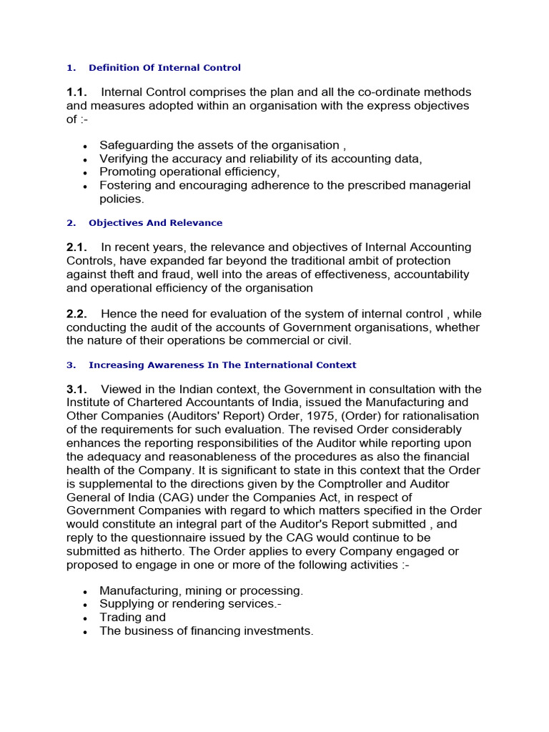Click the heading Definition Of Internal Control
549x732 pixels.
pyautogui.click(x=164, y=68)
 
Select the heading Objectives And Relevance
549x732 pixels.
pyautogui.click(x=155, y=223)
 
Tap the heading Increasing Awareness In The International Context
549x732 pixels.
pyautogui.click(x=222, y=365)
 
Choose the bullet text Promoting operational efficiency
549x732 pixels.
pyautogui.click(x=189, y=172)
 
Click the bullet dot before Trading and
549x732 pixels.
pyautogui.click(x=85, y=619)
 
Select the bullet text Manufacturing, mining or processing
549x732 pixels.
pyautogui.click(x=201, y=591)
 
